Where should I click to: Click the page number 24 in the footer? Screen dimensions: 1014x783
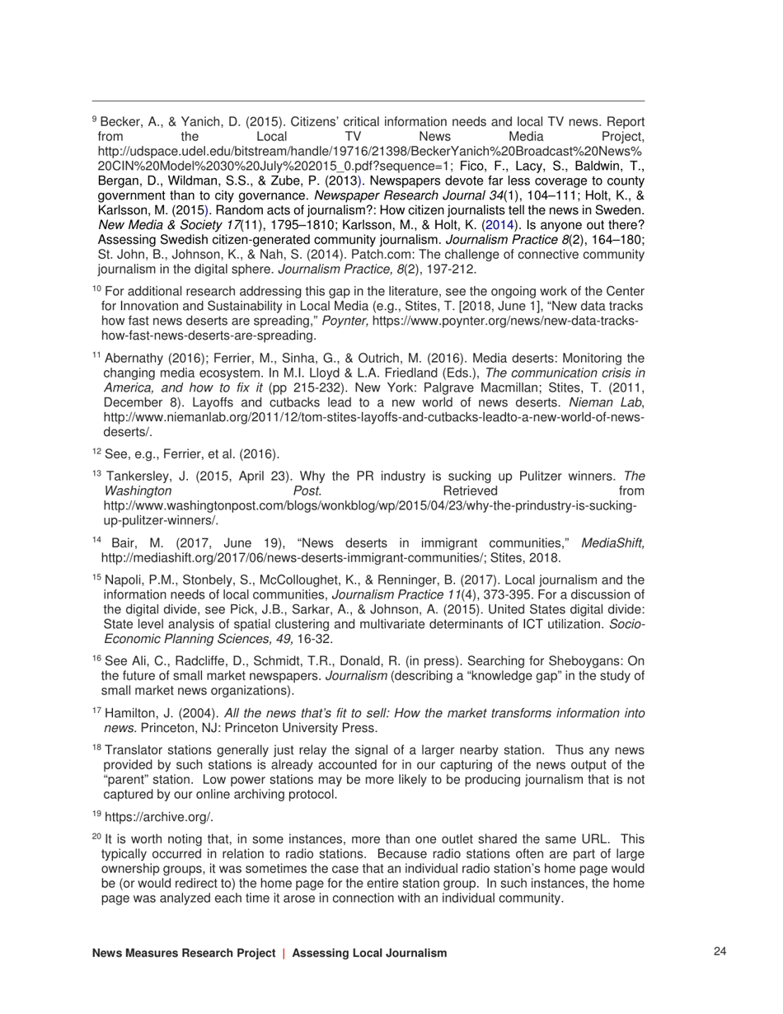(x=720, y=952)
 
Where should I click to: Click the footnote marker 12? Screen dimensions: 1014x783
(x=96, y=452)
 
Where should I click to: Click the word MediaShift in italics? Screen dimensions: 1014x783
(x=612, y=542)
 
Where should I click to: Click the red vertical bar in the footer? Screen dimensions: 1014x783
(x=284, y=953)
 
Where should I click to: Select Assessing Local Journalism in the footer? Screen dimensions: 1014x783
(x=369, y=953)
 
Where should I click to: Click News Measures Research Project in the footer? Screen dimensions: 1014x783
(x=183, y=953)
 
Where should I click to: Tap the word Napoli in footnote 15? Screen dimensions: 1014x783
(x=123, y=578)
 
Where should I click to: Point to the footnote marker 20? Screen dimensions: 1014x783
(x=96, y=837)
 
